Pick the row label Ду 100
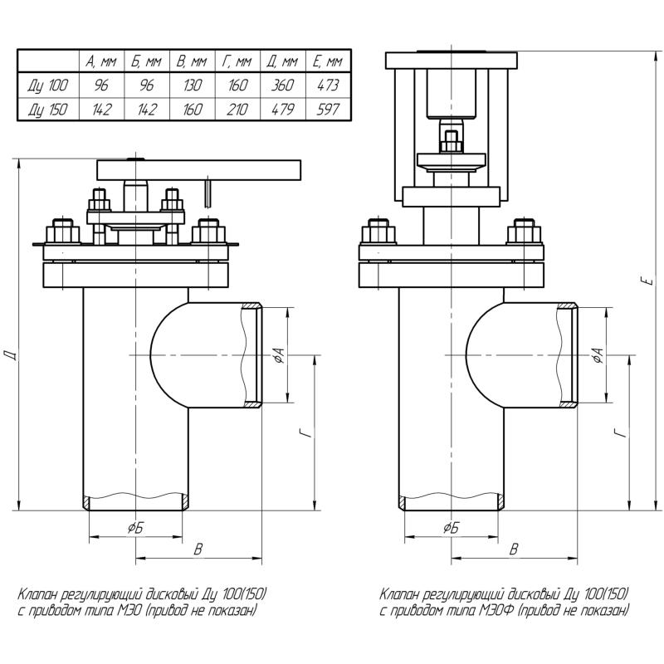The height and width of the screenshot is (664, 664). click(x=48, y=85)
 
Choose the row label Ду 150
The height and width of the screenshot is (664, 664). click(x=48, y=109)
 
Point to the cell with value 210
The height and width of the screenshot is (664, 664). click(x=237, y=109)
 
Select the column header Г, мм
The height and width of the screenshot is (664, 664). click(x=237, y=61)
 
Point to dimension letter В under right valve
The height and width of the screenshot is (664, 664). click(x=514, y=549)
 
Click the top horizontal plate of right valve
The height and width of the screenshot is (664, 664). click(x=452, y=60)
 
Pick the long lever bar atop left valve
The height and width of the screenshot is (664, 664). click(x=199, y=169)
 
